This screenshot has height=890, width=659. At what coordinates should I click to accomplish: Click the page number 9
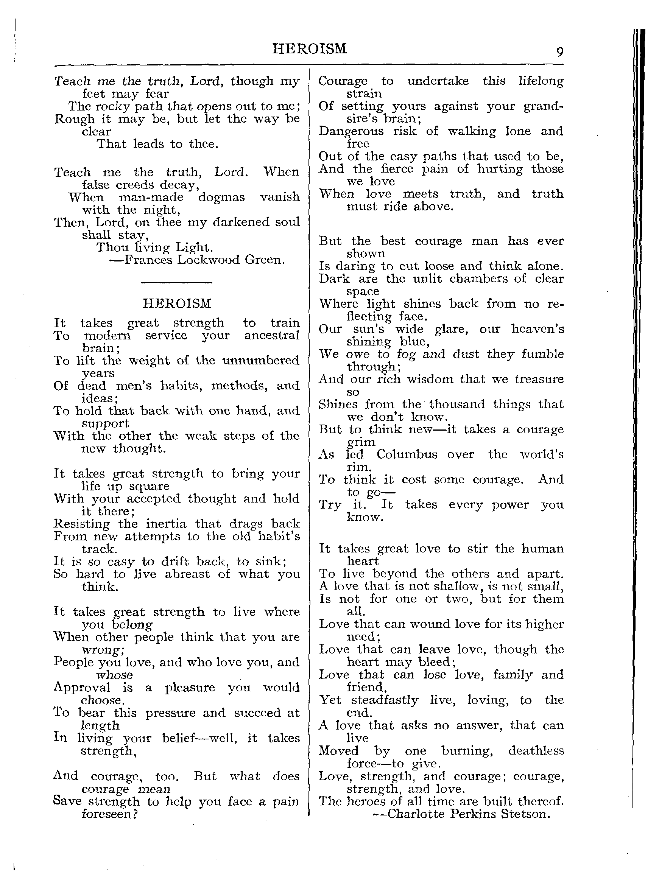tap(560, 52)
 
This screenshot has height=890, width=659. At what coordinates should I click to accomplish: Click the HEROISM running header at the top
tap(309, 49)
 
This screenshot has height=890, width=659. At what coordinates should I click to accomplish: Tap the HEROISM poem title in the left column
tap(177, 304)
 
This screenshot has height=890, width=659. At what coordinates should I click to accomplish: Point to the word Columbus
tap(407, 454)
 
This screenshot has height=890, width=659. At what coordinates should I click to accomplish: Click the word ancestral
tap(272, 335)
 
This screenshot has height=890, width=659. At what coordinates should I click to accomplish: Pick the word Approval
tap(82, 688)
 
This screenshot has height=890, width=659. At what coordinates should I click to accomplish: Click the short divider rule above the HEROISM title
tap(177, 283)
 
